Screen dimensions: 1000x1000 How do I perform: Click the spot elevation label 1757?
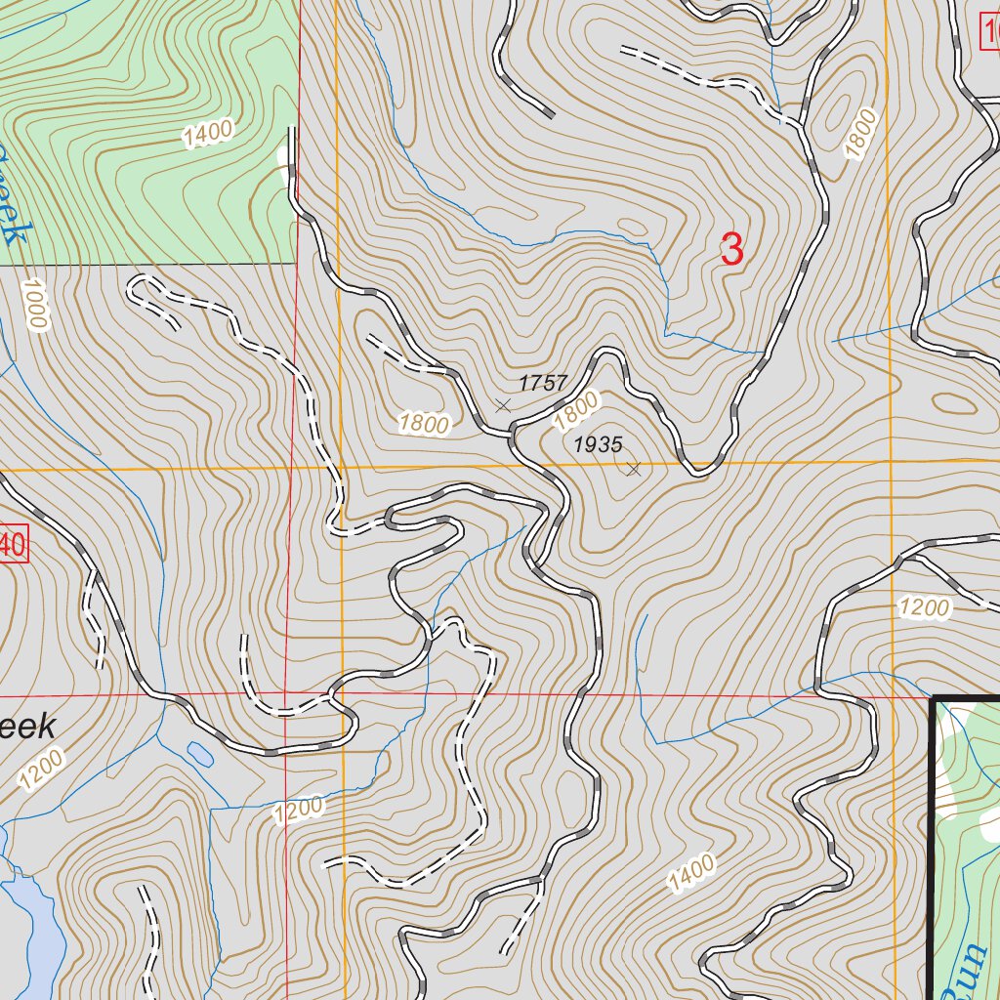[543, 383]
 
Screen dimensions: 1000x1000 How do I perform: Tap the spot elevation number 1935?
[598, 445]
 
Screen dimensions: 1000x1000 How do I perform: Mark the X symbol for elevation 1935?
[633, 470]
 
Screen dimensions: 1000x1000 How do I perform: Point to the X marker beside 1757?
[503, 404]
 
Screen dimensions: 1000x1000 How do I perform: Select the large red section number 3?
[731, 250]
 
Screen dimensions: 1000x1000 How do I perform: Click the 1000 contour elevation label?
[35, 305]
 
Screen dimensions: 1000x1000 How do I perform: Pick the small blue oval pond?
[199, 753]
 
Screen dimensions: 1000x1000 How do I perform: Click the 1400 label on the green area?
[207, 134]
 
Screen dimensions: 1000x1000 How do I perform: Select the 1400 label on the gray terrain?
[692, 872]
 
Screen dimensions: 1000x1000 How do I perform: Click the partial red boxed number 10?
[990, 36]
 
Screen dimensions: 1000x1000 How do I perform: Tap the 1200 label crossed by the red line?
[298, 810]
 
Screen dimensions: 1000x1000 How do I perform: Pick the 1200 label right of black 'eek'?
[40, 769]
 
